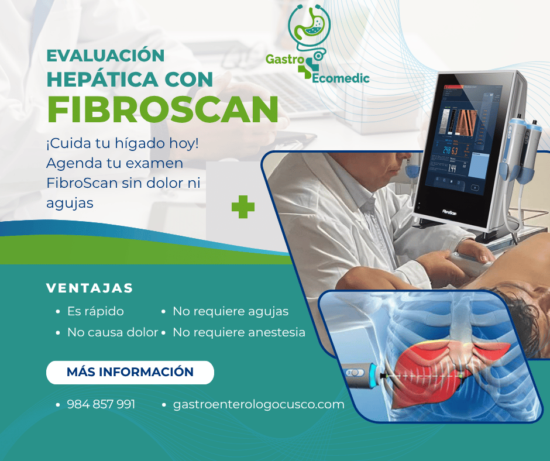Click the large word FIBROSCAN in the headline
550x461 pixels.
point(163,109)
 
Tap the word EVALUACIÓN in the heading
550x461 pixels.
point(105,56)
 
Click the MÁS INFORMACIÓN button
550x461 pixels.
point(130,372)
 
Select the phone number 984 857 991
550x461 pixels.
point(101,404)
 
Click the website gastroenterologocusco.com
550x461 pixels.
point(259,404)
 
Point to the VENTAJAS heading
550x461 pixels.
point(90,288)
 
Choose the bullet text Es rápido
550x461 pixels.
point(95,311)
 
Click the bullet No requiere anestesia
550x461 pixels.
point(239,332)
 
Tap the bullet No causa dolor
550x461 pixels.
point(112,332)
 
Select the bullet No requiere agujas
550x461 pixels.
point(231,312)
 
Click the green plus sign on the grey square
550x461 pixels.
point(243,207)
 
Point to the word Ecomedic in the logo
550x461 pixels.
point(341,78)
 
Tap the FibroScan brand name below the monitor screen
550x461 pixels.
point(449,212)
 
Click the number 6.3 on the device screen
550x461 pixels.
point(455,151)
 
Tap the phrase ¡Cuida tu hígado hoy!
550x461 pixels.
point(122,143)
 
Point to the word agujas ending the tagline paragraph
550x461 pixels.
point(70,204)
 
